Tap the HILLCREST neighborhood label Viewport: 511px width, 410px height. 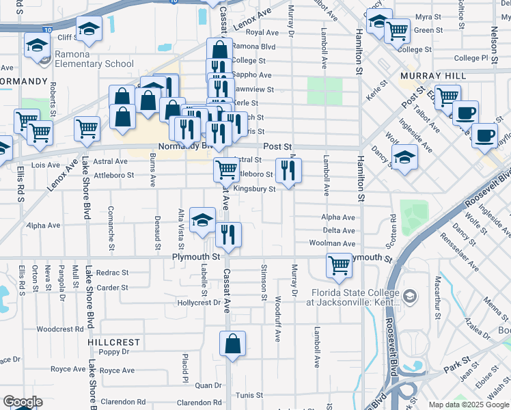coord(113,342)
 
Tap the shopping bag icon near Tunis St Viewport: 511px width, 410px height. coord(232,344)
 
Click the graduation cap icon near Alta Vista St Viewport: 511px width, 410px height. coord(202,219)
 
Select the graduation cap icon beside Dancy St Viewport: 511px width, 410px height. coord(404,159)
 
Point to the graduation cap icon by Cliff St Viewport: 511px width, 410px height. coord(88,29)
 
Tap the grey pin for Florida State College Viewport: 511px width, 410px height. coord(409,296)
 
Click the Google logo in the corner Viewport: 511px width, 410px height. coord(22,402)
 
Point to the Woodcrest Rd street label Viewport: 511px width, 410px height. coord(59,329)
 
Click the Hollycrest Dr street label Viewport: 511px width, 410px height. coord(199,301)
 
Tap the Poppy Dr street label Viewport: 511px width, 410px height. coord(113,353)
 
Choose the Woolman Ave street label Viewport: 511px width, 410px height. coord(331,243)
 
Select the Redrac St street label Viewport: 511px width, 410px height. coord(112,272)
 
